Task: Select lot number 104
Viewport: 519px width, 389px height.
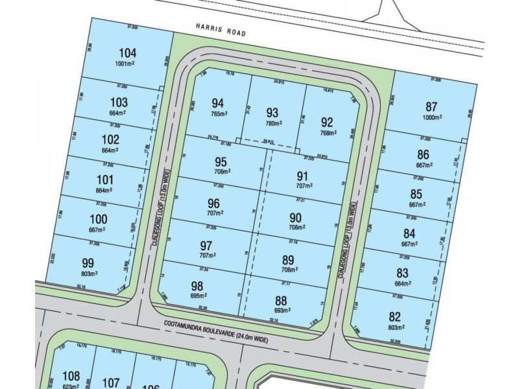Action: click(x=128, y=53)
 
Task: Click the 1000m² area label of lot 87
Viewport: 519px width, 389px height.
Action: click(x=433, y=119)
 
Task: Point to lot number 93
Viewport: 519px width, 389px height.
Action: click(x=272, y=112)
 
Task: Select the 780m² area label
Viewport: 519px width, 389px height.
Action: click(x=272, y=123)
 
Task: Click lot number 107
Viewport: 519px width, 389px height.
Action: click(x=112, y=383)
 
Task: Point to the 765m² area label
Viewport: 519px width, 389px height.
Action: click(x=219, y=114)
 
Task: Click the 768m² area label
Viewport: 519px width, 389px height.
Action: click(x=328, y=133)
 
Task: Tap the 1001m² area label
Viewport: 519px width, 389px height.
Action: click(x=128, y=64)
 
